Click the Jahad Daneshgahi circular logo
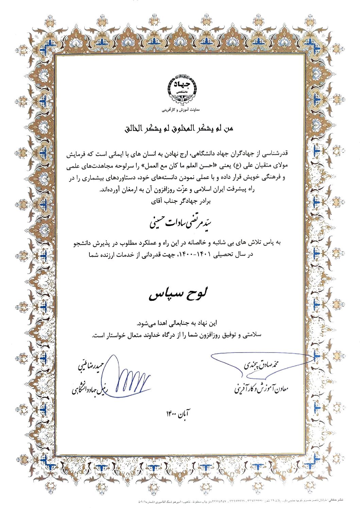(180, 89)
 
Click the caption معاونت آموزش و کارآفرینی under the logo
(180, 110)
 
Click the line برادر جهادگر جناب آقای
(181, 201)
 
